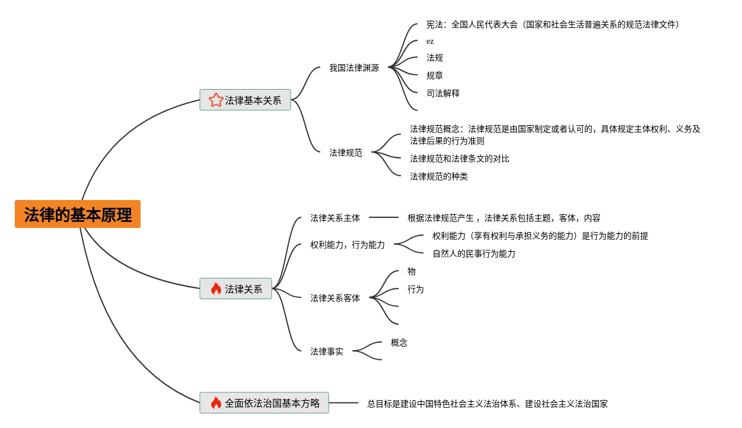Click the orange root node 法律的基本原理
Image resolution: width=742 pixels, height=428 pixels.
(x=78, y=214)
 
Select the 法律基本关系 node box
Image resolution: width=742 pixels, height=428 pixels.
(x=245, y=100)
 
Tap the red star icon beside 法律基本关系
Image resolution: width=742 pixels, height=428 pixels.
(x=215, y=100)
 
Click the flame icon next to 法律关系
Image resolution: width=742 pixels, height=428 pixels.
(x=216, y=289)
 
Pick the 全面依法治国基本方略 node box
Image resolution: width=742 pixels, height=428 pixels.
(x=264, y=403)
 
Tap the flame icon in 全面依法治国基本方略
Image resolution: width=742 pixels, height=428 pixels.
(x=216, y=403)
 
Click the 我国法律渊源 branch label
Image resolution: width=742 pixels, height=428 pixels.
(x=354, y=68)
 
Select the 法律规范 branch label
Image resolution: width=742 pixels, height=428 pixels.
(x=346, y=153)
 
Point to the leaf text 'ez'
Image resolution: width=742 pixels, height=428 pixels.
(x=430, y=42)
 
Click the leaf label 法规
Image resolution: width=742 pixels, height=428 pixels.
(x=435, y=58)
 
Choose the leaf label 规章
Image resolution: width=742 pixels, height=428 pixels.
(x=435, y=76)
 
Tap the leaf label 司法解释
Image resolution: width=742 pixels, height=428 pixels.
(x=443, y=94)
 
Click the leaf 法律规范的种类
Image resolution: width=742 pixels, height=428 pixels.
(x=439, y=177)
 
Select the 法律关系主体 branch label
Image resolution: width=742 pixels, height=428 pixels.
(x=335, y=218)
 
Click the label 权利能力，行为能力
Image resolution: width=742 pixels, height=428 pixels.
(x=348, y=245)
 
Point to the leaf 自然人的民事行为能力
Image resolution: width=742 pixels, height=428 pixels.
(x=474, y=254)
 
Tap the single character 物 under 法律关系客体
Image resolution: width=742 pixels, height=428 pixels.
(x=412, y=272)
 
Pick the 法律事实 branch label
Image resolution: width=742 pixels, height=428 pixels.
(x=327, y=351)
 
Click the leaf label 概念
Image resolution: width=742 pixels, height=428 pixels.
(x=399, y=343)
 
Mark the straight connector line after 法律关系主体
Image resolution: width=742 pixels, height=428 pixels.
(x=384, y=218)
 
